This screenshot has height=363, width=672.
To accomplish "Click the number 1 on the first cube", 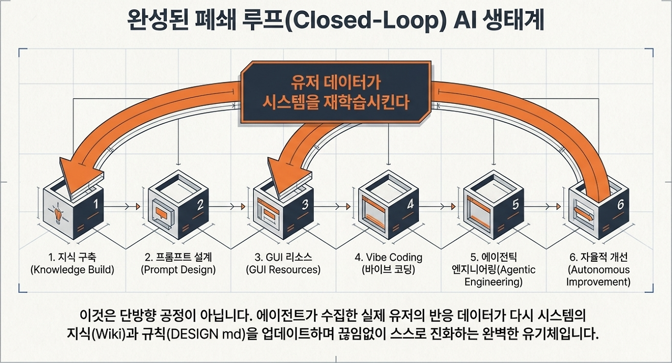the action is [x=96, y=204].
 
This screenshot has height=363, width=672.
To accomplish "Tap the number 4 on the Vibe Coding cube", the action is [x=411, y=204].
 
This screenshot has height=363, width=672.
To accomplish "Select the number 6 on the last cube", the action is [x=621, y=204].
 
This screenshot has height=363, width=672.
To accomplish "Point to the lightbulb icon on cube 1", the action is [x=58, y=213].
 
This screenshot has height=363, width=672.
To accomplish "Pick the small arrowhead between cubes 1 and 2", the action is [x=138, y=206].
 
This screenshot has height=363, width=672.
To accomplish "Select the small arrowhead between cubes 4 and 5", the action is [x=453, y=206].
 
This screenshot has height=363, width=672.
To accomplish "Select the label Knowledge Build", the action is [x=72, y=270].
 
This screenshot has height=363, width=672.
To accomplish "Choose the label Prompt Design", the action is [x=178, y=270].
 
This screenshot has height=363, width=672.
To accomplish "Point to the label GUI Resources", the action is [x=283, y=270].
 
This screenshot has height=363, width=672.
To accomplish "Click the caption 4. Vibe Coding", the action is [x=388, y=257].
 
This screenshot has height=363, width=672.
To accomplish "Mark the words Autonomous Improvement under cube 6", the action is [x=598, y=276].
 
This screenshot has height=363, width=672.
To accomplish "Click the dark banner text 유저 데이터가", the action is [x=335, y=82].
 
